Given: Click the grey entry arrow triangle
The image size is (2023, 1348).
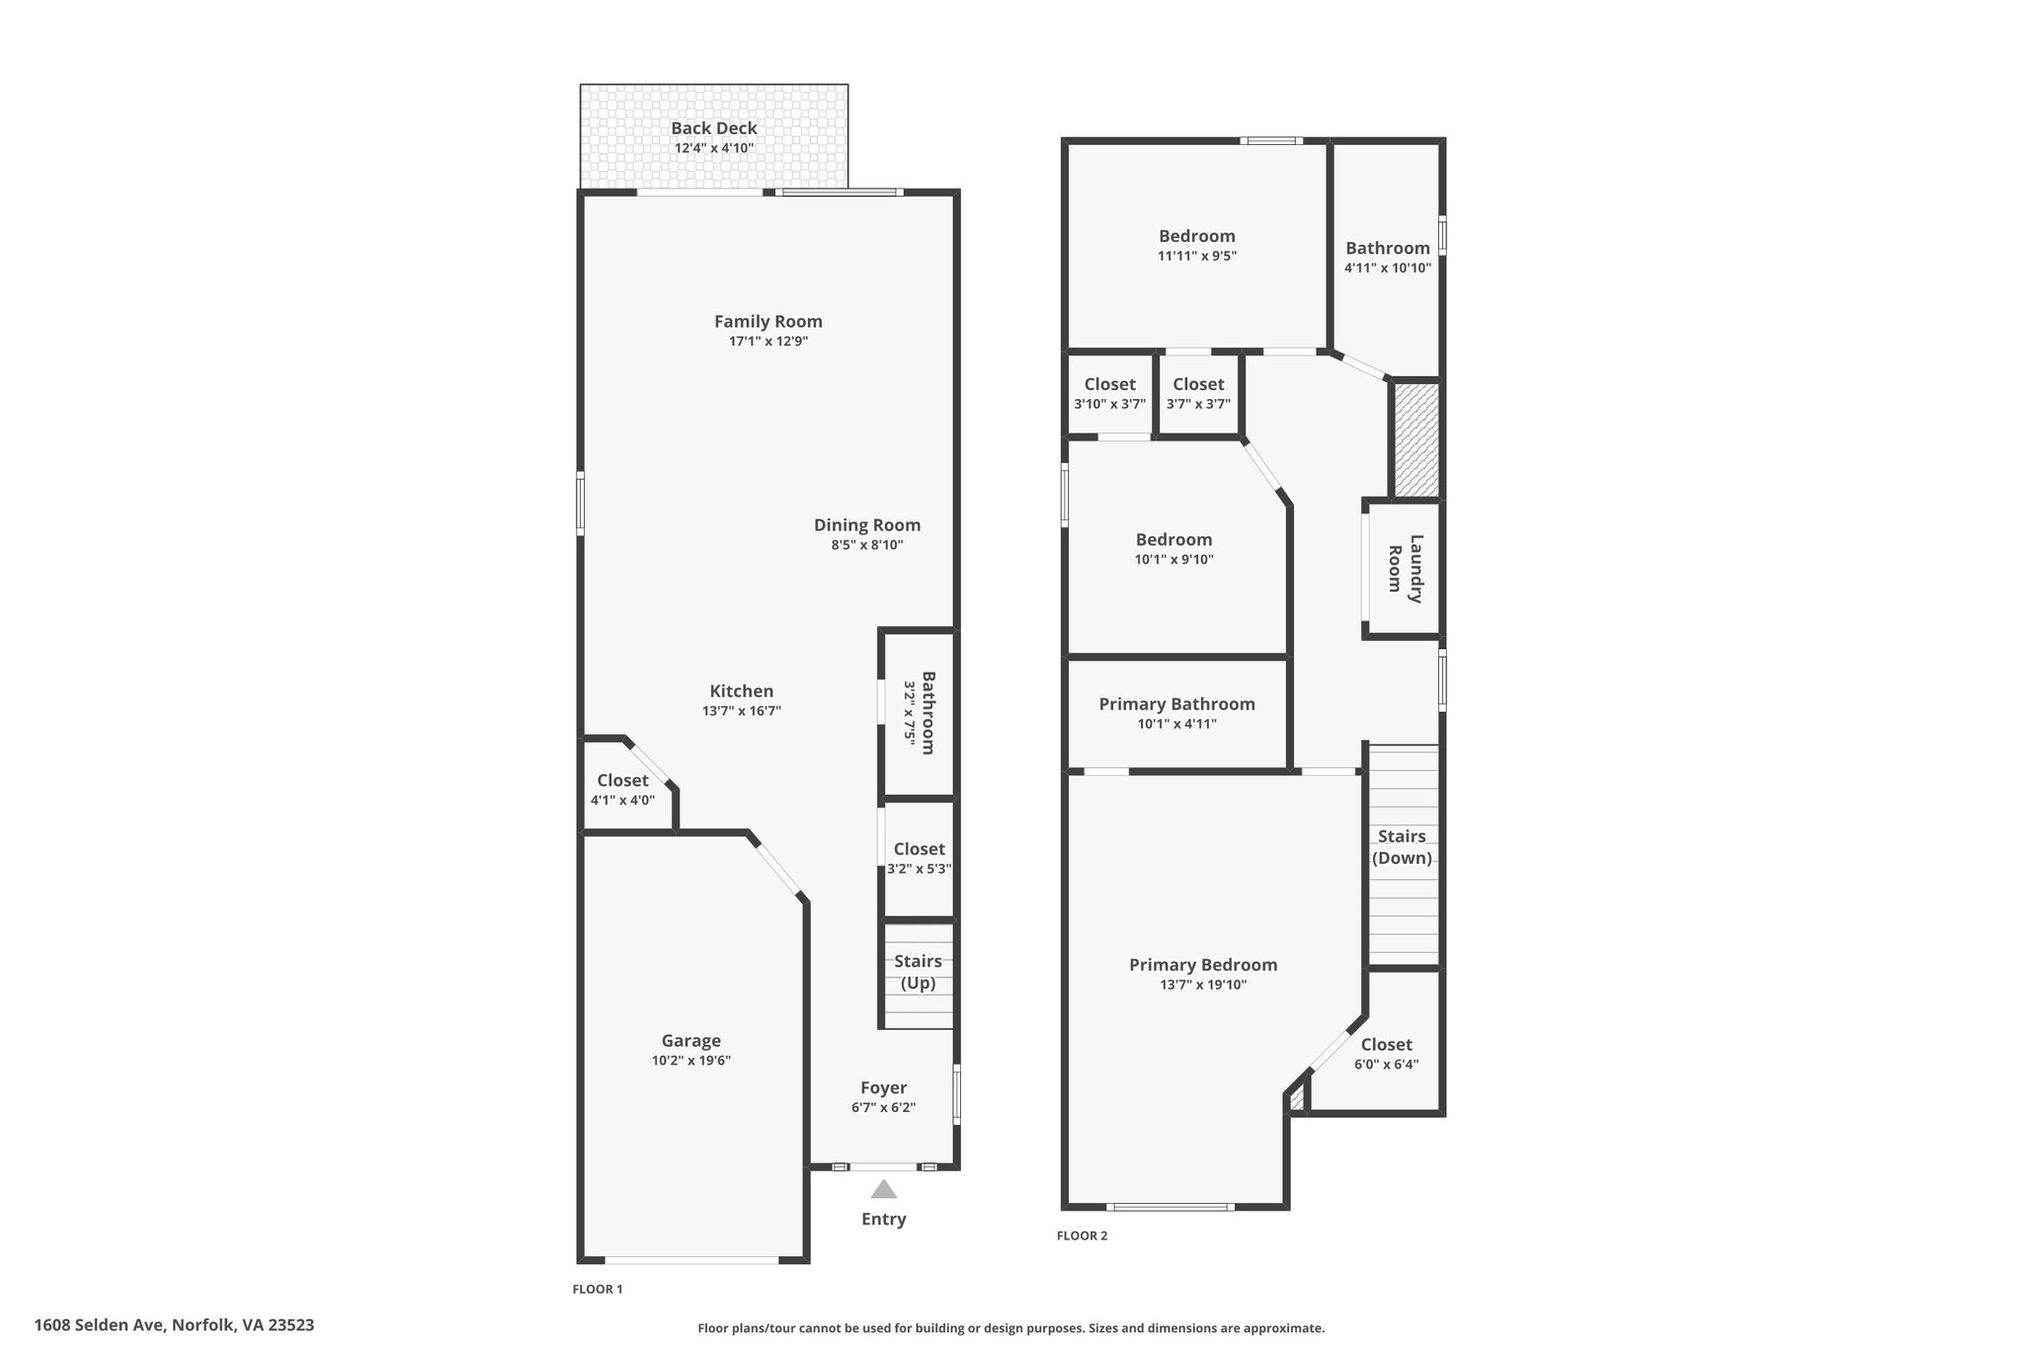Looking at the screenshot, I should click(883, 1189).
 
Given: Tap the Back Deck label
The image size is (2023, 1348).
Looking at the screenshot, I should click(713, 128).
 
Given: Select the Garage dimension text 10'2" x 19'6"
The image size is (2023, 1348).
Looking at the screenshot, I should click(690, 1061).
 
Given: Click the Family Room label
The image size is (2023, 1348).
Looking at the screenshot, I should click(768, 321).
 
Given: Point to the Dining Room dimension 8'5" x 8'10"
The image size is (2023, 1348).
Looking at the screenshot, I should click(866, 545).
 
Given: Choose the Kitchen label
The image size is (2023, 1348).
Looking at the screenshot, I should click(741, 691).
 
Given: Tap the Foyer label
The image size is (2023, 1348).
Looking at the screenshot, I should click(883, 1088).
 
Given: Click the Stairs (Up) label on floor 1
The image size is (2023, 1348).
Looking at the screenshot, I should click(918, 973).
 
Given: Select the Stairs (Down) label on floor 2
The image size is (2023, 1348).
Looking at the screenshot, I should click(1402, 847).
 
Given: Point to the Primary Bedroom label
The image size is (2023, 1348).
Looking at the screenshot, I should click(1202, 965).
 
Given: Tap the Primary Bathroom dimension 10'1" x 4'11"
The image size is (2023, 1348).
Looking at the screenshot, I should click(1176, 724).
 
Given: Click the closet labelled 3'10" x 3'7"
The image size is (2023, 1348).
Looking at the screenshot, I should click(1109, 393).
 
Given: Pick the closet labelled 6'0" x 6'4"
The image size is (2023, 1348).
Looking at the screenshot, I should click(1386, 1054).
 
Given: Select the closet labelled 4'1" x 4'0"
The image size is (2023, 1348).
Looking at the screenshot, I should click(622, 789).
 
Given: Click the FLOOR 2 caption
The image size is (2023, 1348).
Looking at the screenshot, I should click(1082, 1235).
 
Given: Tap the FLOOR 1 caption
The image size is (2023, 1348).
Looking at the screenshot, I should click(598, 1289).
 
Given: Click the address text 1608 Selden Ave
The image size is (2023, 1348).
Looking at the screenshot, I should click(174, 1325).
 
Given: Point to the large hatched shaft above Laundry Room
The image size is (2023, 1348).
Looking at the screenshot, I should click(1416, 439).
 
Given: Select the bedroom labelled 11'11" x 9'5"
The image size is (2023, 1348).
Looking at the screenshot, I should click(1196, 245).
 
